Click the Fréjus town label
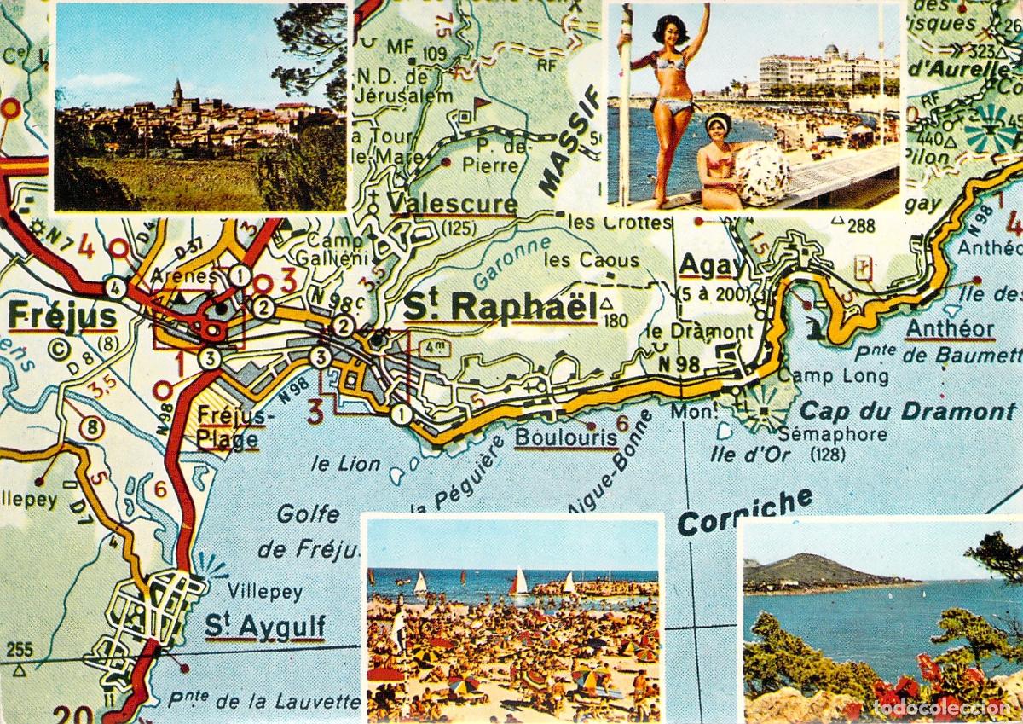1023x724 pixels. pos(50,316)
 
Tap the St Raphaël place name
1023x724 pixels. pos(500,307)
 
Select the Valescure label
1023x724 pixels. pos(453,203)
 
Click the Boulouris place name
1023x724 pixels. pos(567,437)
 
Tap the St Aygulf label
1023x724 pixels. pos(265,627)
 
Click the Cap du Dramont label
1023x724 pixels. pos(908,412)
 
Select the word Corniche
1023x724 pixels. pos(745,511)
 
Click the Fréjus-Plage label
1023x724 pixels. pos(233,427)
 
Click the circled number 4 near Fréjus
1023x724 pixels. pos(116,288)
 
